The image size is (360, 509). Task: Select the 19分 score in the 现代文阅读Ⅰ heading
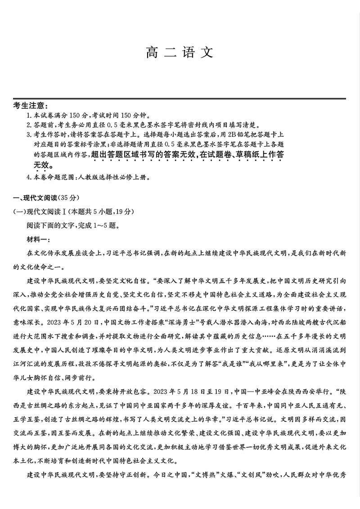(x=123, y=212)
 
